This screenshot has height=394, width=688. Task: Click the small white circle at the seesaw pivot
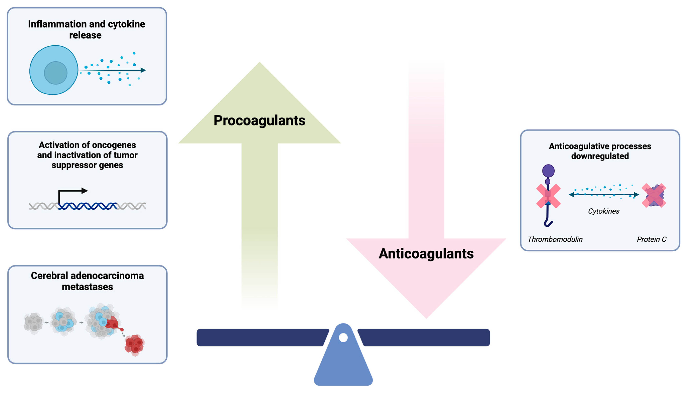(x=343, y=337)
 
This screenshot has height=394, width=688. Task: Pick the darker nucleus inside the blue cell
(x=56, y=73)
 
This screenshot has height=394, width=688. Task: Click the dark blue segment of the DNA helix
(x=87, y=206)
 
